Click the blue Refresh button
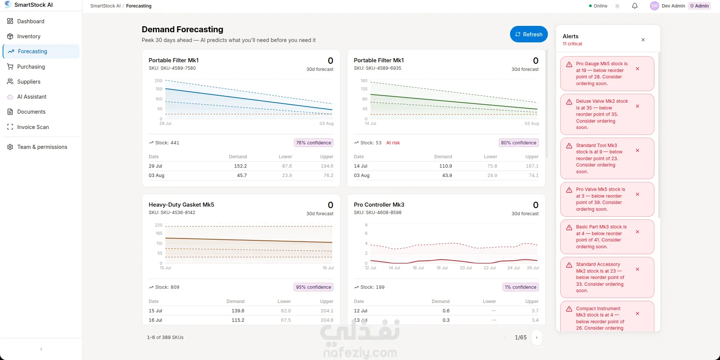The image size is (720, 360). pyautogui.click(x=529, y=34)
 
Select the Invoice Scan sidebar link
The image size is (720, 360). pyautogui.click(x=28, y=127)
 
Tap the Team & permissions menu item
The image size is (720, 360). pyautogui.click(x=37, y=147)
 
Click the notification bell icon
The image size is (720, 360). pyautogui.click(x=635, y=6)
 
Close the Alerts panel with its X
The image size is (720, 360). pyautogui.click(x=643, y=40)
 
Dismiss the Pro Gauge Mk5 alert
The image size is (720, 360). pyautogui.click(x=637, y=69)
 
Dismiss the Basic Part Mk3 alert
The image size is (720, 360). pyautogui.click(x=637, y=232)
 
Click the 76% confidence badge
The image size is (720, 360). pyautogui.click(x=313, y=143)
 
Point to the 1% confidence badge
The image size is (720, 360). pyautogui.click(x=520, y=287)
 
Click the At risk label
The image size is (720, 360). pyautogui.click(x=393, y=143)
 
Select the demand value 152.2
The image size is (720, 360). pyautogui.click(x=240, y=166)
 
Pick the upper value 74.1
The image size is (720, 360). pyautogui.click(x=534, y=175)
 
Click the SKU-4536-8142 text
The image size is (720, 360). pyautogui.click(x=178, y=213)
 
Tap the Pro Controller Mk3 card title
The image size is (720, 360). pyautogui.click(x=379, y=205)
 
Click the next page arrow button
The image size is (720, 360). pyautogui.click(x=537, y=337)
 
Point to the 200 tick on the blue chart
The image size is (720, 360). pyautogui.click(x=158, y=81)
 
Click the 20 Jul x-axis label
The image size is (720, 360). pyautogui.click(x=466, y=268)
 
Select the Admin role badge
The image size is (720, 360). pyautogui.click(x=699, y=6)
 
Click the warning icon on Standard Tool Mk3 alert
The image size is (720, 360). pyautogui.click(x=569, y=146)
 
